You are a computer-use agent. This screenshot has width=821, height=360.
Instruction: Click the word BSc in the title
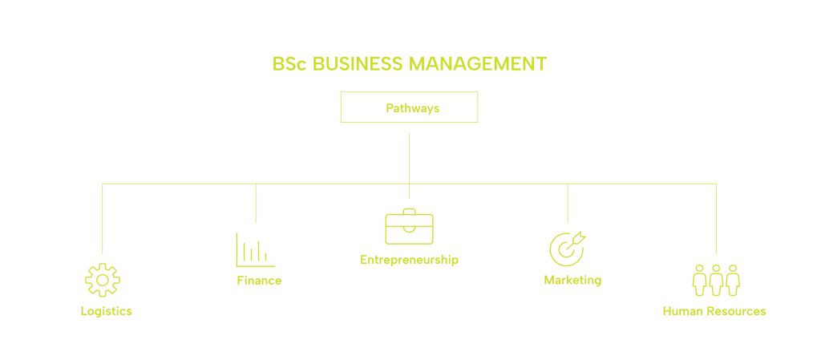pyautogui.click(x=289, y=64)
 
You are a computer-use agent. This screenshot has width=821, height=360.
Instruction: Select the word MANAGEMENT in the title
pyautogui.click(x=478, y=64)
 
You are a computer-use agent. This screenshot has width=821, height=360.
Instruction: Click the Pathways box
pyautogui.click(x=409, y=107)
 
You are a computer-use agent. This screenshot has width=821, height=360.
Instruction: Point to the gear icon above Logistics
pyautogui.click(x=103, y=280)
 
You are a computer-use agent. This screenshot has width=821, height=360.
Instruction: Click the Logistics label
pyautogui.click(x=106, y=311)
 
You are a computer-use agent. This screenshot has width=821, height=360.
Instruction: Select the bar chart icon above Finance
pyautogui.click(x=255, y=249)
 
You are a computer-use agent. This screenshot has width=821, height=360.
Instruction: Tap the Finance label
pyautogui.click(x=259, y=281)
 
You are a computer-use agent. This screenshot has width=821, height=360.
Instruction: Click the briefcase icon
pyautogui.click(x=409, y=227)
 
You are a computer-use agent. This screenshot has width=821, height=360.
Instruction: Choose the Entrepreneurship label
pyautogui.click(x=409, y=260)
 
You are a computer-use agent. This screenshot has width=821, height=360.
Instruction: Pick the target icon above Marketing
pyautogui.click(x=566, y=249)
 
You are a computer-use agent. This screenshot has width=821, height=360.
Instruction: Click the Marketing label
pyautogui.click(x=572, y=281)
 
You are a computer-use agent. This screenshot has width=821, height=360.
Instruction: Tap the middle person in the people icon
pyautogui.click(x=716, y=280)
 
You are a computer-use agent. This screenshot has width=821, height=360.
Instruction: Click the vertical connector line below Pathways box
pyautogui.click(x=409, y=160)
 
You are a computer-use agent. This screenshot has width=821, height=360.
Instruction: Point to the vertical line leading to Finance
pyautogui.click(x=256, y=204)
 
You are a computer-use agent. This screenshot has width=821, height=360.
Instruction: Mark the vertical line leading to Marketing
pyautogui.click(x=568, y=204)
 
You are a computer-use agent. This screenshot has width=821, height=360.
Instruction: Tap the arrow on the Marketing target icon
pyautogui.click(x=579, y=237)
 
